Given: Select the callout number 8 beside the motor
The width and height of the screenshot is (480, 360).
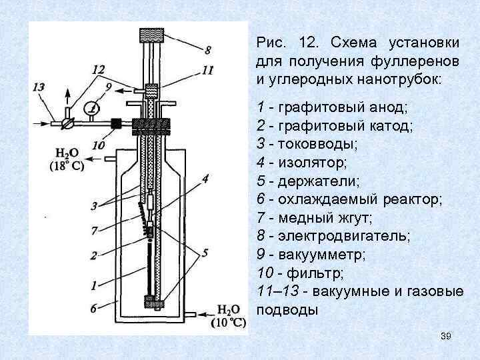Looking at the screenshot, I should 208,49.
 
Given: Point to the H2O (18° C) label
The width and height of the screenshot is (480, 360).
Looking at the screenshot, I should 65,161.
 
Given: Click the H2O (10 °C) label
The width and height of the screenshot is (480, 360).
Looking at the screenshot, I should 227,317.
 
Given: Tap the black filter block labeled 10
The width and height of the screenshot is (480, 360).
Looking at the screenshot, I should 115,123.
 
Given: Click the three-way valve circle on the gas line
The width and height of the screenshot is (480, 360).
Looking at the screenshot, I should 65,123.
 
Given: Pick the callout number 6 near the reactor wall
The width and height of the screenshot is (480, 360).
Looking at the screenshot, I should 94,307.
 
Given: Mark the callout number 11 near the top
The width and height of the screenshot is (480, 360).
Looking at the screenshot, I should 207,70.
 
